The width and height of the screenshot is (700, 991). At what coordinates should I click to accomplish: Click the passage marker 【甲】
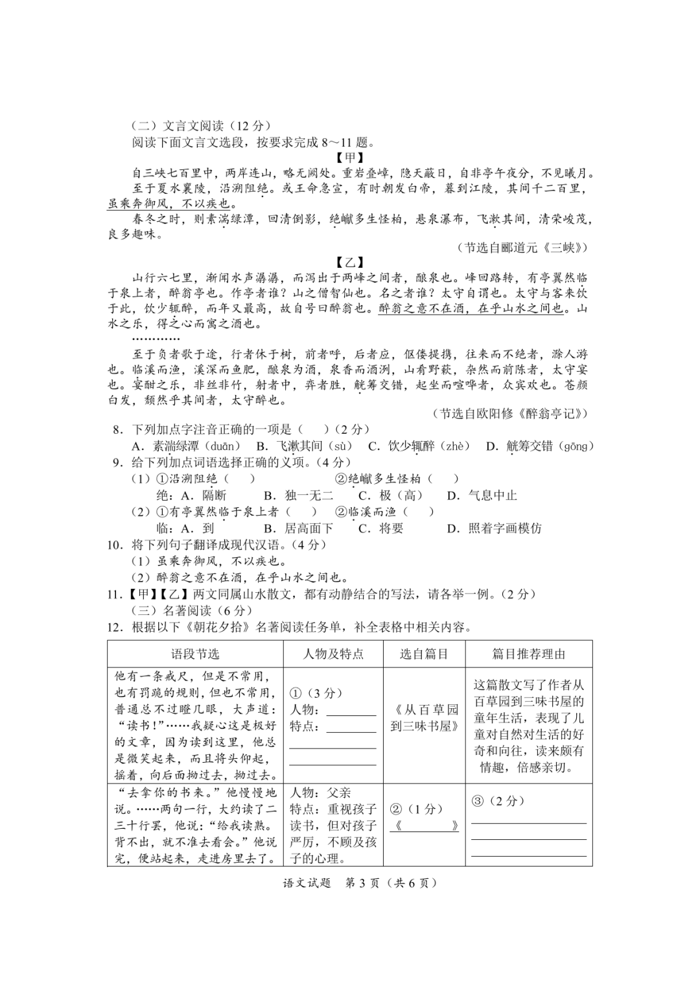click(x=350, y=158)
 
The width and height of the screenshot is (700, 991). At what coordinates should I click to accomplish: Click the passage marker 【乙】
click(x=350, y=262)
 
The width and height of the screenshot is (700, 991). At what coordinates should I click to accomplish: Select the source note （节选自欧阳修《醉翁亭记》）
click(x=511, y=414)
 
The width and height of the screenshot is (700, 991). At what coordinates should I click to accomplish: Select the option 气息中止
click(x=492, y=495)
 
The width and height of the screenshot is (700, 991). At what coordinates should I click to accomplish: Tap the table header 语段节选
click(x=195, y=654)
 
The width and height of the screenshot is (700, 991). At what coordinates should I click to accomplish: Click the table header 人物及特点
click(x=333, y=654)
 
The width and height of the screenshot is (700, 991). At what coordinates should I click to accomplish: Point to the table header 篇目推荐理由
click(x=529, y=654)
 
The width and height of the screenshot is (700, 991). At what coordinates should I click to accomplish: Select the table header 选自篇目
click(x=424, y=654)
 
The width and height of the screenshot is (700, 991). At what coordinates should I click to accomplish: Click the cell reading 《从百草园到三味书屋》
click(x=424, y=718)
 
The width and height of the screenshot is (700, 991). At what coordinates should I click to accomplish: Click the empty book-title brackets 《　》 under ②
click(x=425, y=826)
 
